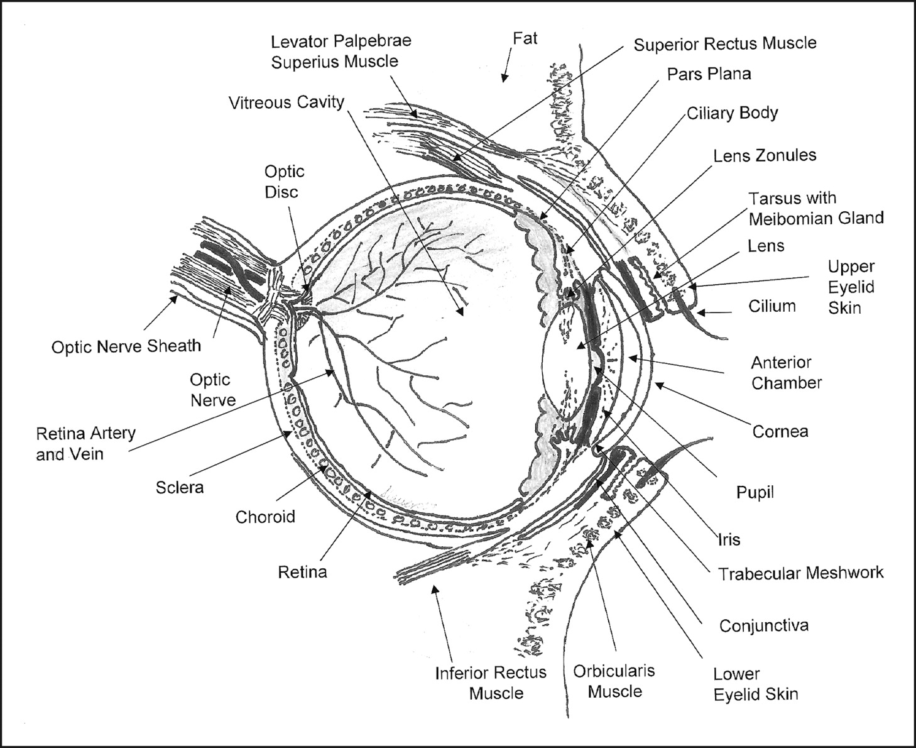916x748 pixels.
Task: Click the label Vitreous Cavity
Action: (286, 102)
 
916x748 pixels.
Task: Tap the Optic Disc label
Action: (283, 182)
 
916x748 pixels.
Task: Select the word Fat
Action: (525, 38)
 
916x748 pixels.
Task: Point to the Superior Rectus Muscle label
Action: (724, 44)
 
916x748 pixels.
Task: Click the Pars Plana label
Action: (709, 74)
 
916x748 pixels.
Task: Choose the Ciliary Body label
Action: (732, 113)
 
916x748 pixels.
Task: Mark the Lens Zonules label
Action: (764, 155)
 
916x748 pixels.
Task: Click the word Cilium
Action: (772, 306)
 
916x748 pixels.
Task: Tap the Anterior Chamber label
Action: (786, 372)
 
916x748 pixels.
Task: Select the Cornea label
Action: (780, 432)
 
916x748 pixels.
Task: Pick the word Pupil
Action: (755, 492)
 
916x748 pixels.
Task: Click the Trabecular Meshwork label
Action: (800, 573)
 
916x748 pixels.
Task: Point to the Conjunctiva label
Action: (763, 626)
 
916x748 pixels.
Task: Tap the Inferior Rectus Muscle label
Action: (491, 683)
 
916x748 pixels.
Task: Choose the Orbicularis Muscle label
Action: (614, 681)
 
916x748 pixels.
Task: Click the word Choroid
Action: (265, 517)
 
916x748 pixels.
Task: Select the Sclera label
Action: (180, 487)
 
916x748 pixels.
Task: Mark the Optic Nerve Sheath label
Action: (126, 346)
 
